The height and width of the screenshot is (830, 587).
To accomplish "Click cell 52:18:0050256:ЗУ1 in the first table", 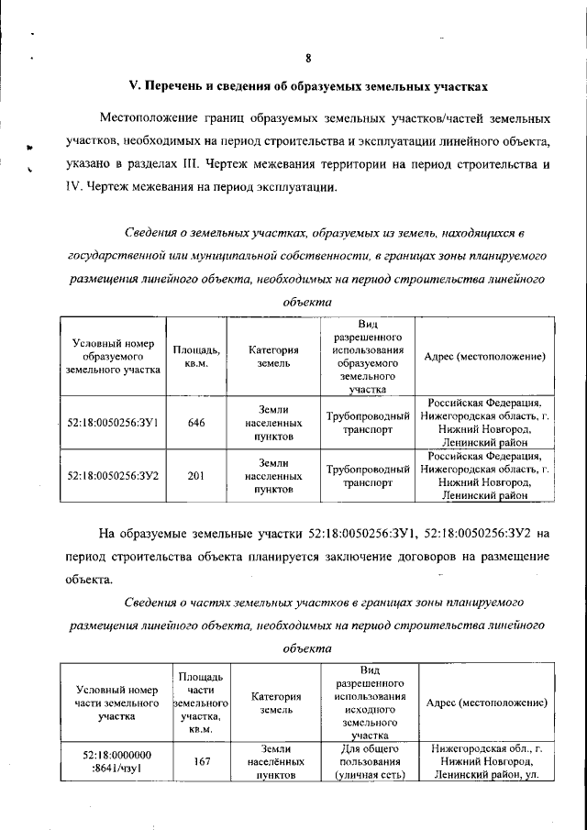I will click(115, 424).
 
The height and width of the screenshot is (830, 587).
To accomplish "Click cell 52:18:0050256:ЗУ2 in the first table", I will click(115, 476).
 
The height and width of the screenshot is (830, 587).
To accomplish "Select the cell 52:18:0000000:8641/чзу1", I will click(115, 760).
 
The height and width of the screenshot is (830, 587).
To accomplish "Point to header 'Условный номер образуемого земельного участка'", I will click(115, 356).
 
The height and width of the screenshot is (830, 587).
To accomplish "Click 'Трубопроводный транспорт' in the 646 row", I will click(367, 424).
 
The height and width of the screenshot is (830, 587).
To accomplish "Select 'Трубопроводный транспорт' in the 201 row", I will click(367, 476).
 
